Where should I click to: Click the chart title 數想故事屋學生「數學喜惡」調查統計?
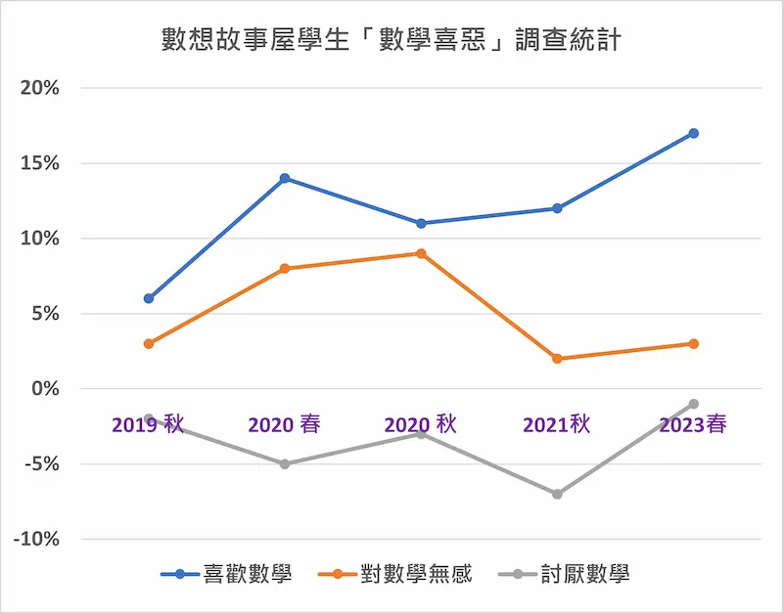(x=391, y=41)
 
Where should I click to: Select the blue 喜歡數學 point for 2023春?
(x=693, y=133)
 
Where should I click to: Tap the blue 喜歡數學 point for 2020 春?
(x=285, y=178)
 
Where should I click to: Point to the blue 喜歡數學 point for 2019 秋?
(x=149, y=298)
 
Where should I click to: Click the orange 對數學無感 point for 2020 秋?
(x=421, y=253)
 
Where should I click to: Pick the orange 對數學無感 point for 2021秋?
(x=557, y=359)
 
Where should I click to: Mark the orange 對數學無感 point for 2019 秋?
(x=149, y=343)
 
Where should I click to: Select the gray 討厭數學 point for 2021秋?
(x=557, y=494)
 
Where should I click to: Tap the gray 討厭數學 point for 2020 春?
(x=285, y=463)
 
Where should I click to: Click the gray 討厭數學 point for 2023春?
(x=693, y=404)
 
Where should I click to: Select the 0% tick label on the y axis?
(x=44, y=389)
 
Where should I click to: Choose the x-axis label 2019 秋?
(x=148, y=424)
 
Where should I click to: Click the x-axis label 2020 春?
(x=285, y=424)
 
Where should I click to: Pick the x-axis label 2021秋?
(x=557, y=424)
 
